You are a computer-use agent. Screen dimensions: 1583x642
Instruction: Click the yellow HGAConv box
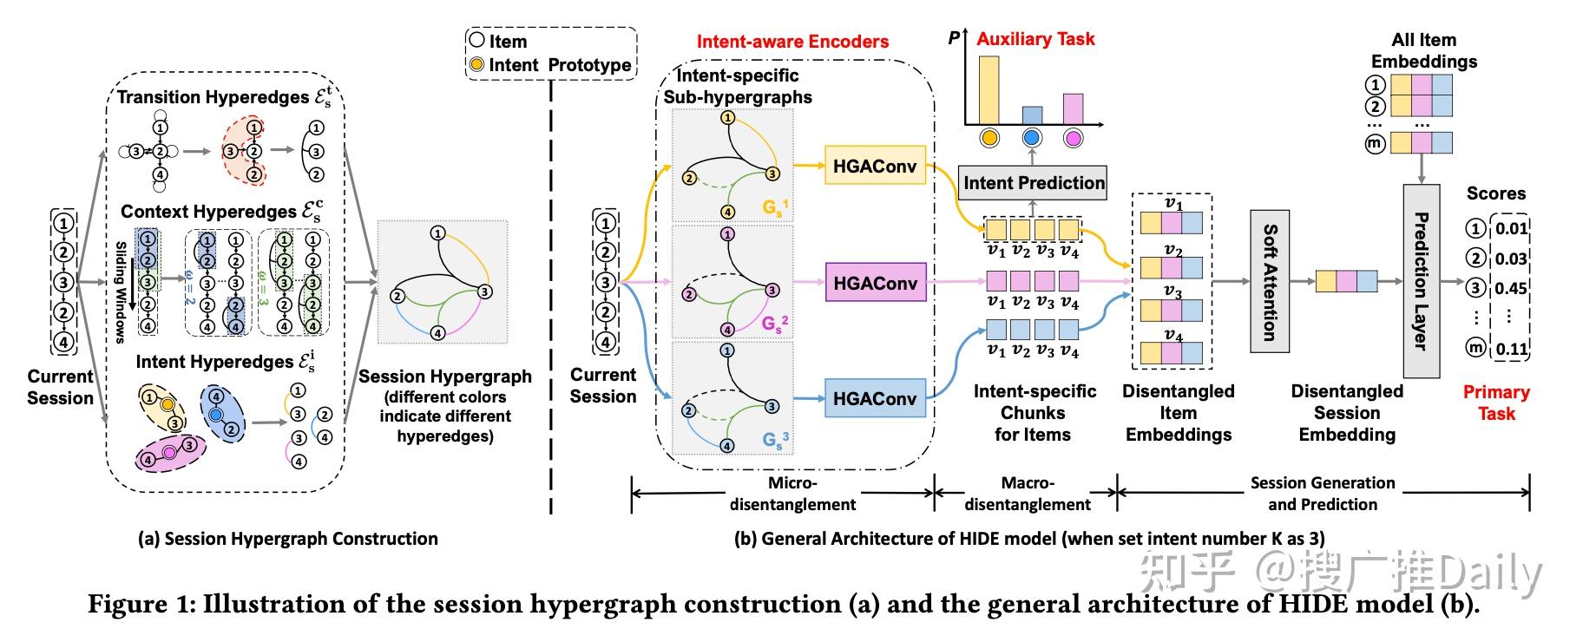(875, 166)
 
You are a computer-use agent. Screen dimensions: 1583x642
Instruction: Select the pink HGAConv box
(875, 283)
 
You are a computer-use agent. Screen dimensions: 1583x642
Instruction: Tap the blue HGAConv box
(875, 398)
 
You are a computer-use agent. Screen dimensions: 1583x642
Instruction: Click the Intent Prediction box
(1033, 182)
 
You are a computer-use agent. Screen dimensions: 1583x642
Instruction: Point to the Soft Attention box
(1270, 281)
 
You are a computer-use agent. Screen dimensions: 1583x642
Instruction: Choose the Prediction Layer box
(1422, 281)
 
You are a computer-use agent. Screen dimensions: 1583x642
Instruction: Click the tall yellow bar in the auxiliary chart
(989, 90)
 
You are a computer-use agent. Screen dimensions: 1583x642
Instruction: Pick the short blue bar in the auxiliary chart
(1032, 115)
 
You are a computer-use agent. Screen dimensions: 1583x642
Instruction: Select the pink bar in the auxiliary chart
(1074, 108)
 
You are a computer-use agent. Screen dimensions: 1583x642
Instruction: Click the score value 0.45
(1511, 289)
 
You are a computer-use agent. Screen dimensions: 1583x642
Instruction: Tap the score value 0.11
(1511, 349)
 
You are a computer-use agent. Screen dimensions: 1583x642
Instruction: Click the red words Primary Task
(1496, 403)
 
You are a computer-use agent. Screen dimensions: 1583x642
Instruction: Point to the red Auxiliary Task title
(1035, 39)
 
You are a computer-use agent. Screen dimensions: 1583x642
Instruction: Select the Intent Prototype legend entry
(550, 65)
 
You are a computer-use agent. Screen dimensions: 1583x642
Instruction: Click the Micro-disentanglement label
(791, 494)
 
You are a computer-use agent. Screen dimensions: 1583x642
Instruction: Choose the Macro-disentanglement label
(1028, 494)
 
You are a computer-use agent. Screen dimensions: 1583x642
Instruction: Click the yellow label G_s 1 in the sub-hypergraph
(775, 207)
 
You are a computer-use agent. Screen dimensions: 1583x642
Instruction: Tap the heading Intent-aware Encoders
(792, 42)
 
